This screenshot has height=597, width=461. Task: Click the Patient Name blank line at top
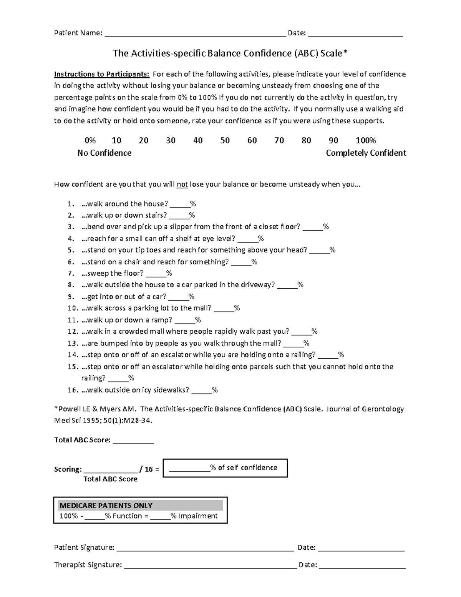coord(195,34)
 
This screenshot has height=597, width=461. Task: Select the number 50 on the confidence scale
coord(225,141)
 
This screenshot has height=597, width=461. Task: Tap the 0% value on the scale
coord(90,141)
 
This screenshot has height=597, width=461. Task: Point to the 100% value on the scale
coord(366,141)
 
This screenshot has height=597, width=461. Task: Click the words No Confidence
coord(104,153)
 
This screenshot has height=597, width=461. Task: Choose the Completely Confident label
coord(366,153)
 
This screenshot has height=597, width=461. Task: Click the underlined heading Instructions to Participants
coord(101,74)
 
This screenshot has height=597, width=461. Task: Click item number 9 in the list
coord(71,297)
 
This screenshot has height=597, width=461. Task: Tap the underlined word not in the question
coord(182,185)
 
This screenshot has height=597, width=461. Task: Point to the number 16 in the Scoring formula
coord(149,469)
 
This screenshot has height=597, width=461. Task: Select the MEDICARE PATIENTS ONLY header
coord(106,506)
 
